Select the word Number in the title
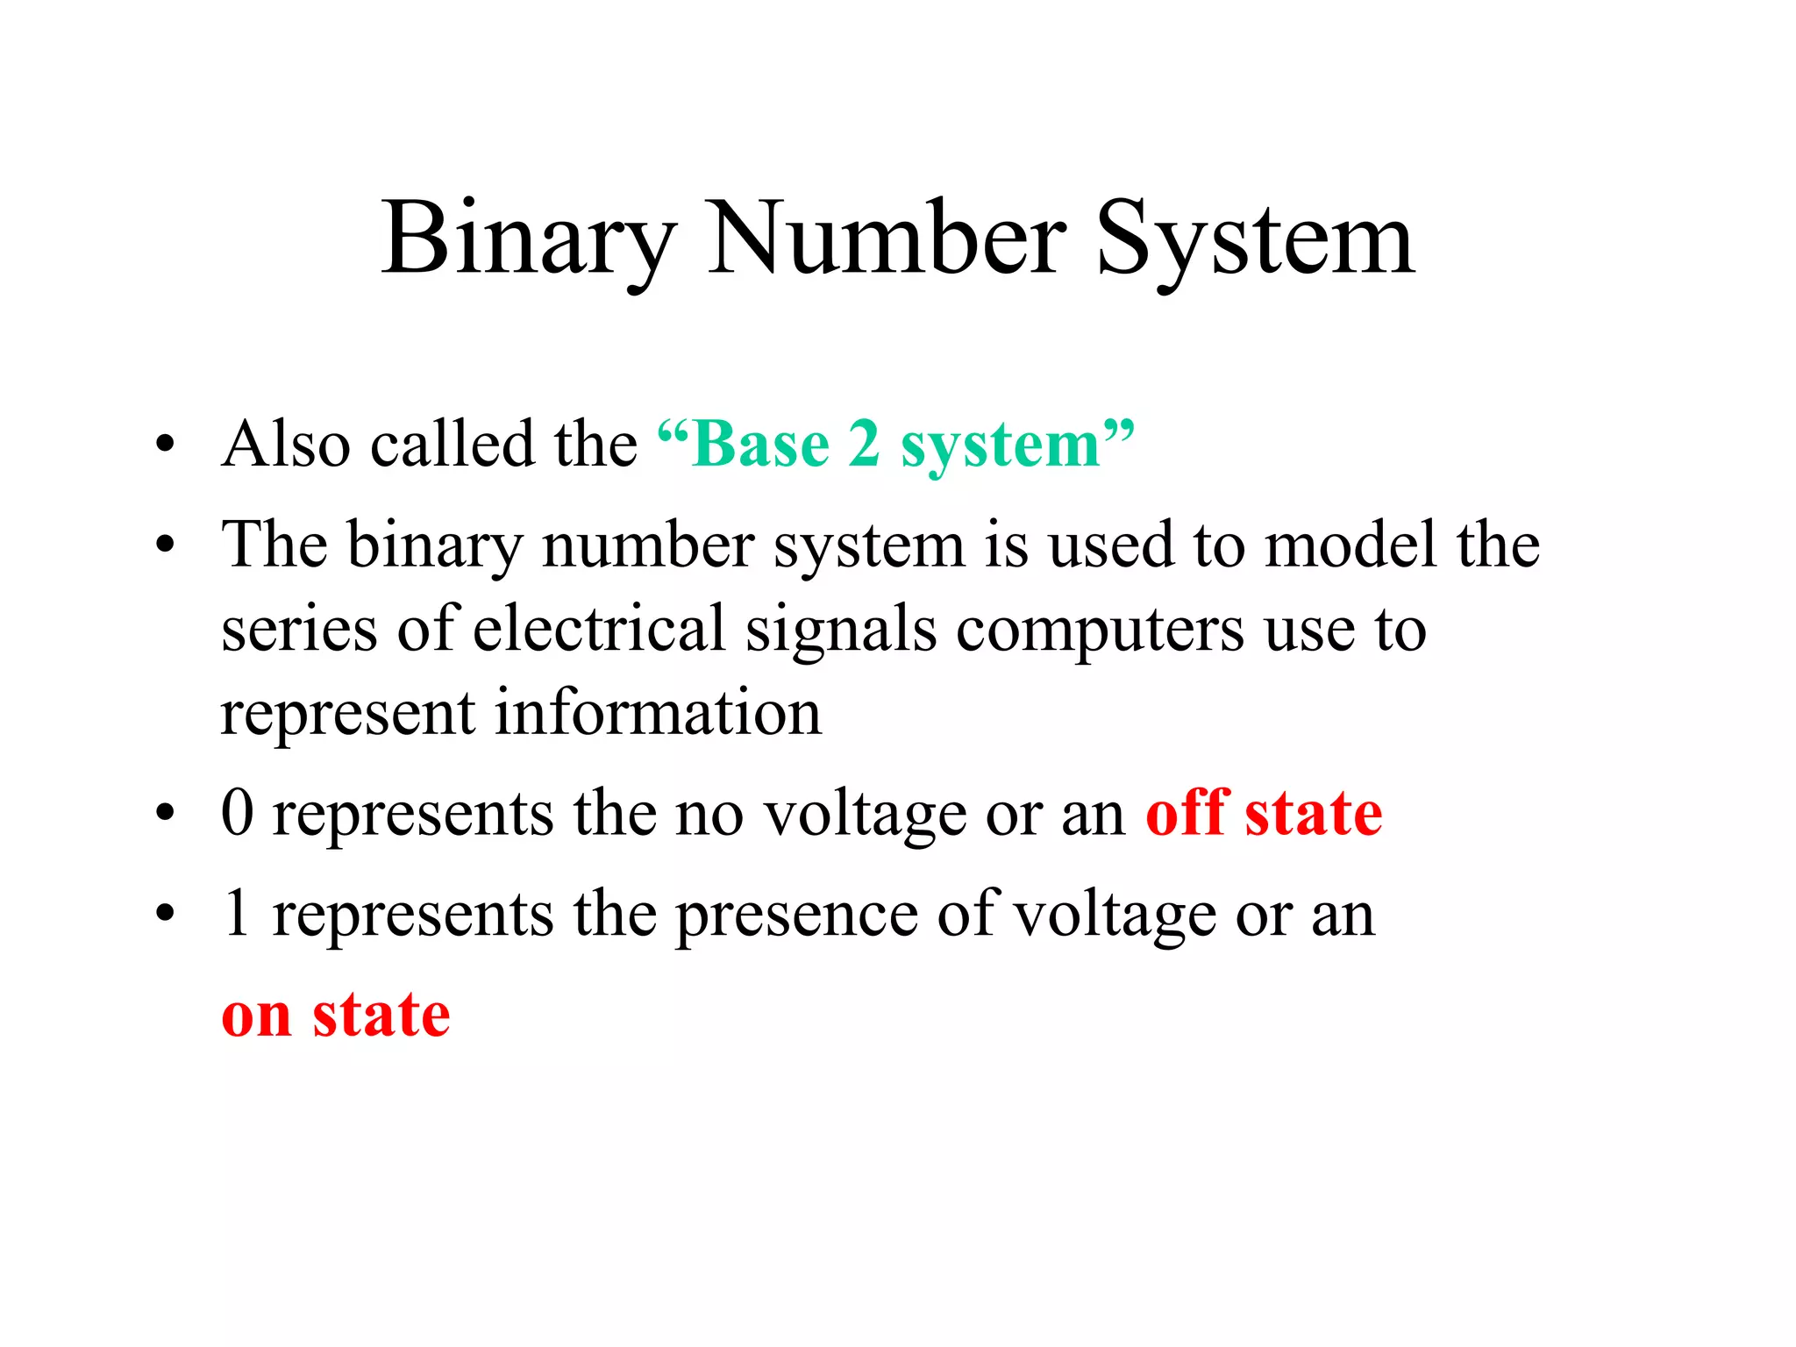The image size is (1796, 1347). click(886, 239)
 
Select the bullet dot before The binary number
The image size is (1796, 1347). click(165, 545)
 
